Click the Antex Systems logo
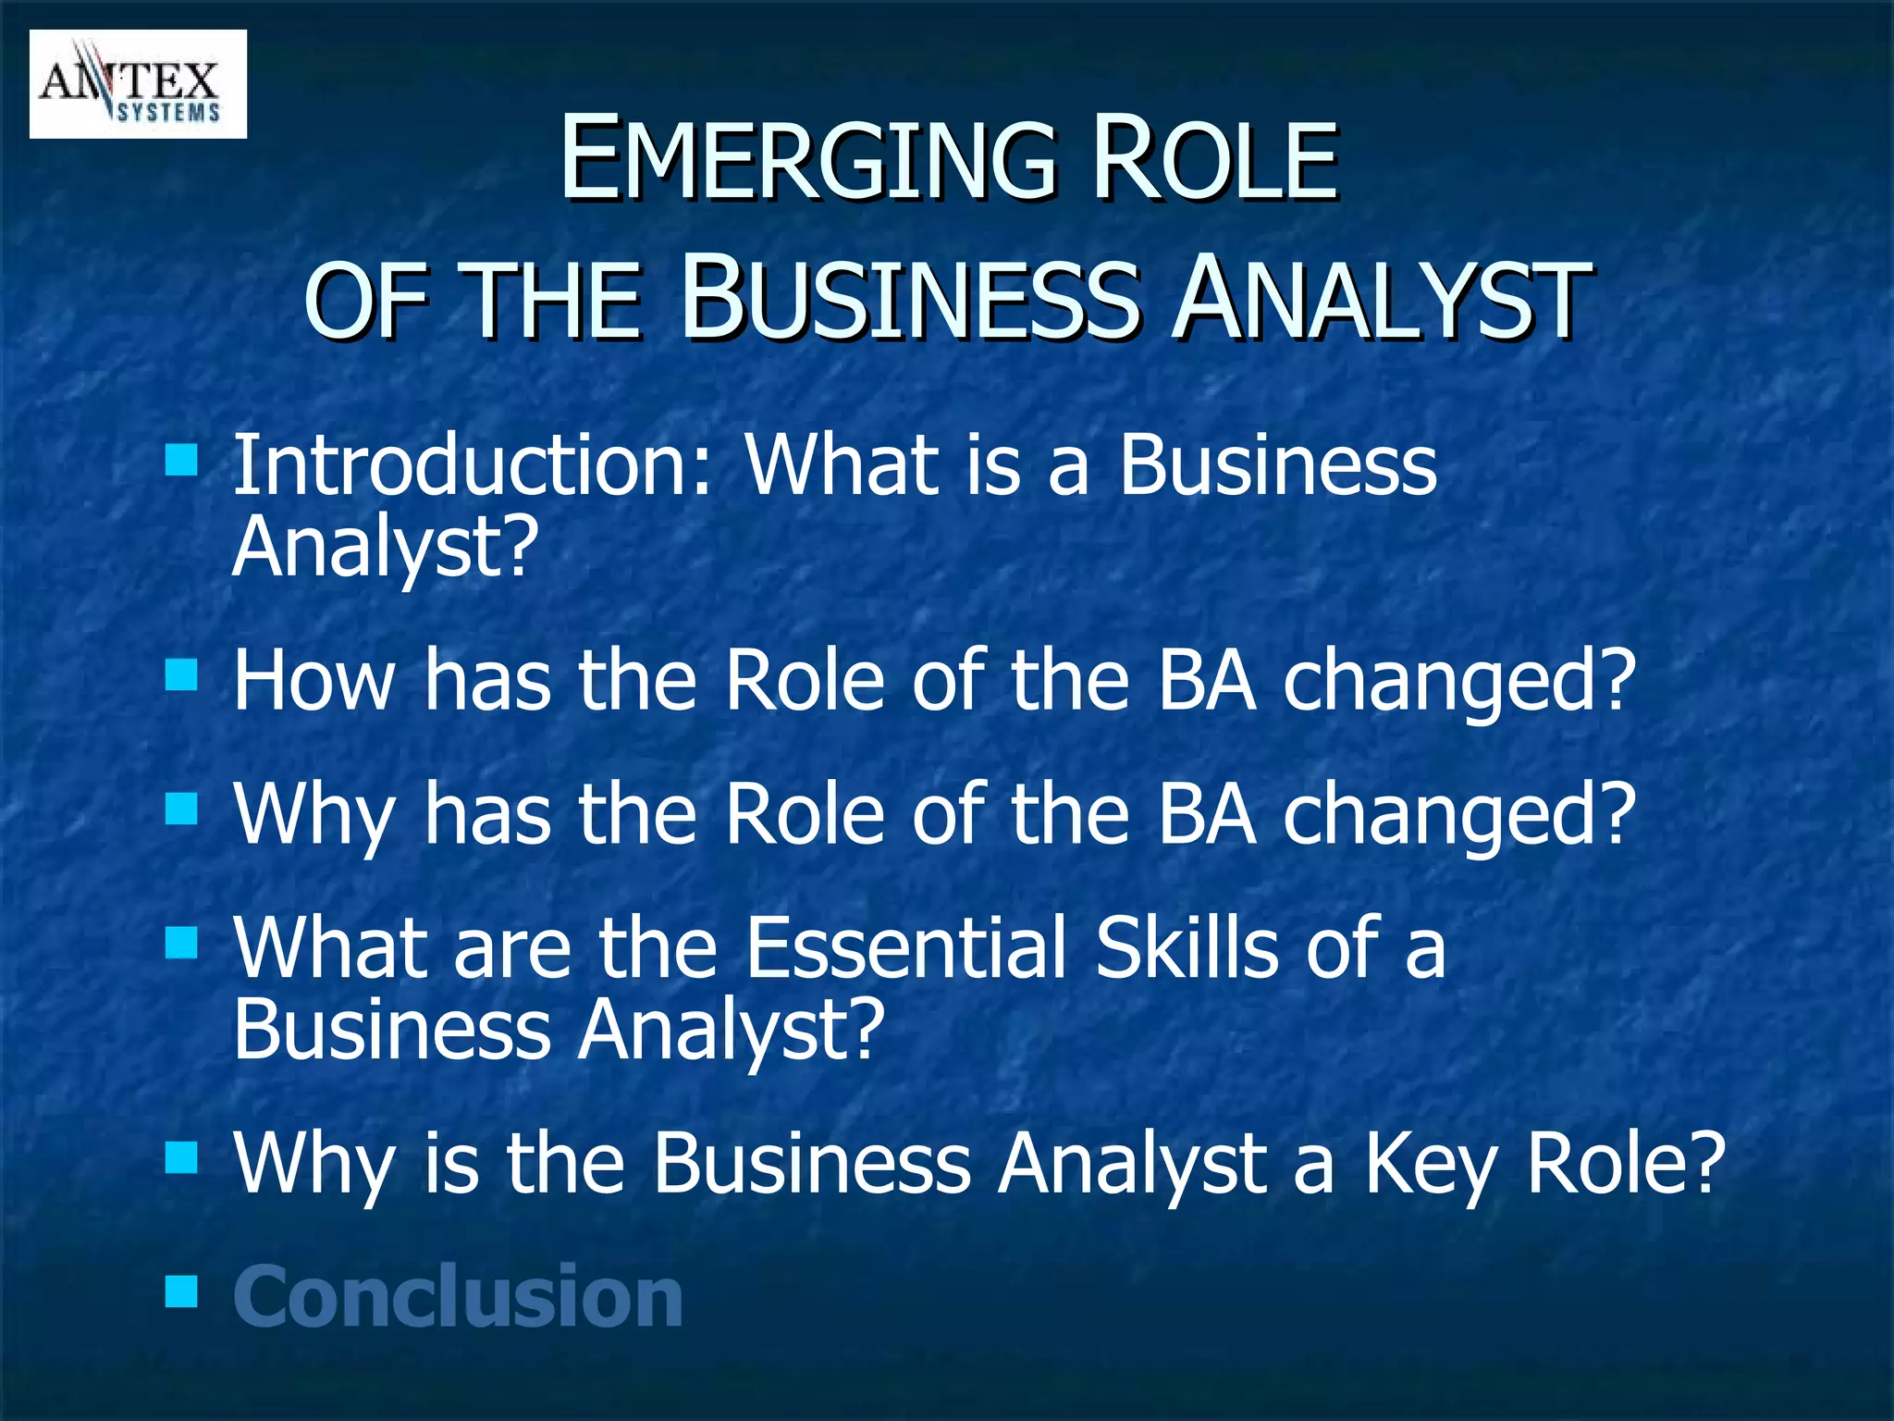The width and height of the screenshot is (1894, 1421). click(x=138, y=84)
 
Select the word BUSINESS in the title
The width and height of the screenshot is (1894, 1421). click(x=909, y=299)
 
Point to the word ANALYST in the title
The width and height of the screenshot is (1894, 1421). click(x=1381, y=299)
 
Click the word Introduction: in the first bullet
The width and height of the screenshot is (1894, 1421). click(x=473, y=464)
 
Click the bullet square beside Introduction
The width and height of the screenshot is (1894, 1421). click(x=181, y=458)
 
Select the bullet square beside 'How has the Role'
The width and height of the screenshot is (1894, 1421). click(x=181, y=675)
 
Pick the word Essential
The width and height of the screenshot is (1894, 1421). click(x=906, y=947)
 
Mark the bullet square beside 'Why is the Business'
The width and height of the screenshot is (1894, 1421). click(x=181, y=1156)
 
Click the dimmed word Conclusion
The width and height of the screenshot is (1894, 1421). click(x=458, y=1297)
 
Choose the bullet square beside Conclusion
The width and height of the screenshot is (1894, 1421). click(x=181, y=1291)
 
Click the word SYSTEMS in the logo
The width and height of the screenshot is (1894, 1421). click(x=169, y=113)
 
